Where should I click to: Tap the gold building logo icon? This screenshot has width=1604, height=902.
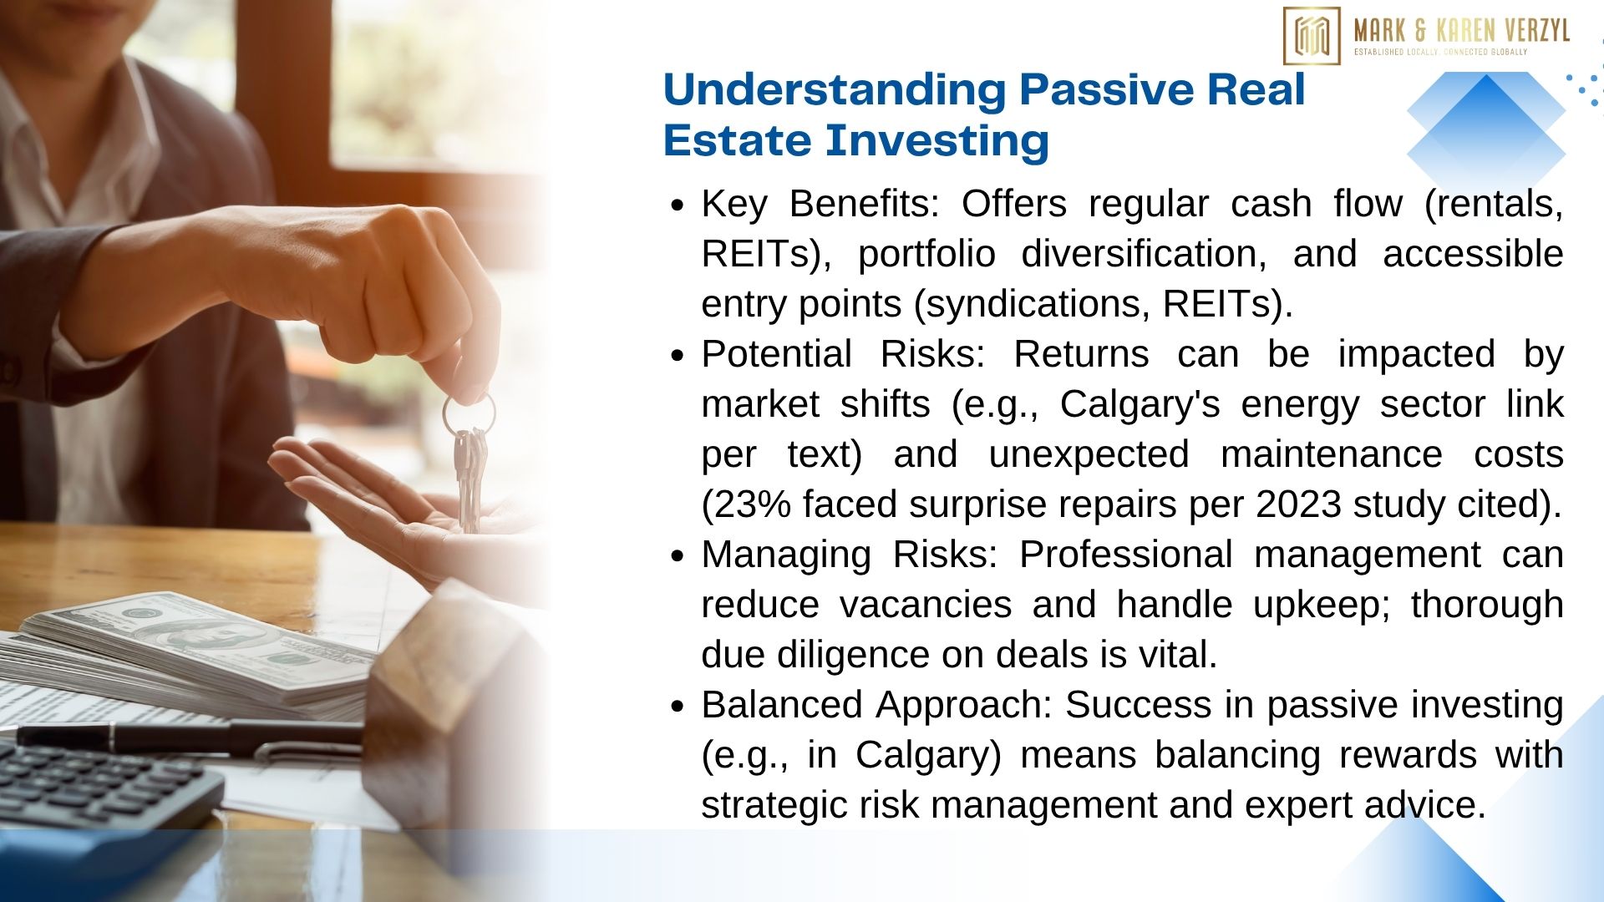[1312, 36]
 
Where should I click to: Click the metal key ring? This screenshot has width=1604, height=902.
[469, 413]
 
